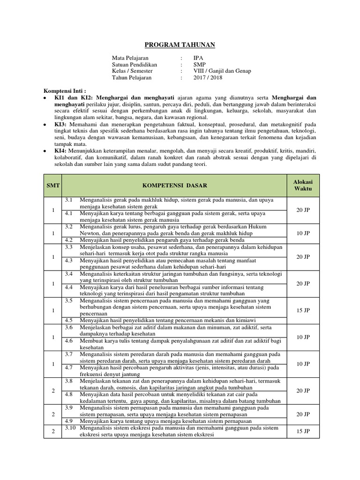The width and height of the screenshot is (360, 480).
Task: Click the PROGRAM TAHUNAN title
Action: pyautogui.click(x=180, y=45)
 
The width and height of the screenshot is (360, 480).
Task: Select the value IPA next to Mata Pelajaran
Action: pyautogui.click(x=199, y=58)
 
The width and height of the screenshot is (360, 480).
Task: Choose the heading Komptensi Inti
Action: pyautogui.click(x=65, y=90)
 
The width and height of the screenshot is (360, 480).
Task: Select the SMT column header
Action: pyautogui.click(x=53, y=186)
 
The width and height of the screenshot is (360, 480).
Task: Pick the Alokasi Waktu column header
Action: pyautogui.click(x=303, y=185)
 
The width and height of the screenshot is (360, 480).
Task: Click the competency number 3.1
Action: pyautogui.click(x=69, y=200)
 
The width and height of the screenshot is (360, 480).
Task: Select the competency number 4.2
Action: pyautogui.click(x=69, y=240)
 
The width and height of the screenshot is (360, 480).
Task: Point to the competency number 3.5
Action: pyautogui.click(x=69, y=300)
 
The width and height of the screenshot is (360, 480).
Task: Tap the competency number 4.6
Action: pyautogui.click(x=69, y=341)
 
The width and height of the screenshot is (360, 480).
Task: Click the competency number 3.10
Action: pyautogui.click(x=70, y=427)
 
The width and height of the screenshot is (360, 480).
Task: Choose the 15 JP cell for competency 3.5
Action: pyautogui.click(x=303, y=310)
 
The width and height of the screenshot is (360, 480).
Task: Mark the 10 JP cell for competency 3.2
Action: pyautogui.click(x=303, y=233)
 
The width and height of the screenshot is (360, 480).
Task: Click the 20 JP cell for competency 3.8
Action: pyautogui.click(x=303, y=390)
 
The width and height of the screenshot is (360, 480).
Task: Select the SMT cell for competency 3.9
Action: pyautogui.click(x=53, y=414)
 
